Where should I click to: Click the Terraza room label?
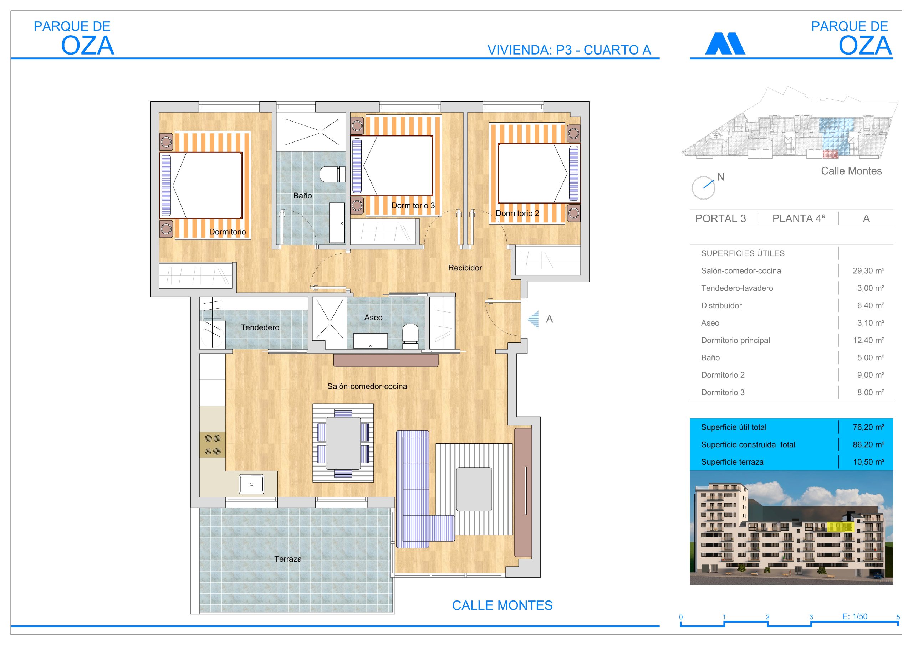288,559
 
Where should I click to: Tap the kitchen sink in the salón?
251,484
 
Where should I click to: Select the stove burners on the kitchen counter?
212,445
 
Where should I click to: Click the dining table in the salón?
343,443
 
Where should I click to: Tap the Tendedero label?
260,327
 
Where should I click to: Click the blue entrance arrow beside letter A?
533,319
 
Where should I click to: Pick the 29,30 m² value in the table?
868,270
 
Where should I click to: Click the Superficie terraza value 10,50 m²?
868,462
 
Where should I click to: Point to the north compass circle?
703,188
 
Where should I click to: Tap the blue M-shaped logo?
725,43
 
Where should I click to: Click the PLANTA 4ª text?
799,218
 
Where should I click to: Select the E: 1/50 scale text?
855,616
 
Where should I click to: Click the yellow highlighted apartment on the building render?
841,527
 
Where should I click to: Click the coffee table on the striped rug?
474,489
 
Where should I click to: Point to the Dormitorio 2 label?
517,213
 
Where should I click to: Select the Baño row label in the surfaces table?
710,358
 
